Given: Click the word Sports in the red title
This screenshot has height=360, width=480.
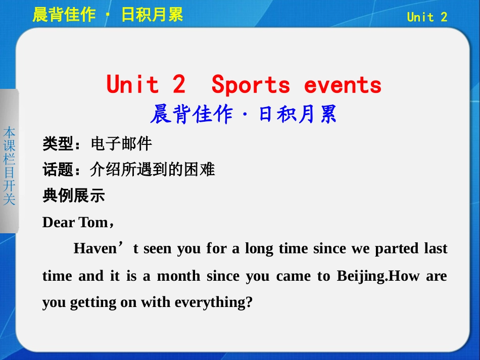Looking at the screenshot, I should point(251,84).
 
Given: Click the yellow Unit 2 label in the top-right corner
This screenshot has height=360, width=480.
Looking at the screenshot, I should point(427,17).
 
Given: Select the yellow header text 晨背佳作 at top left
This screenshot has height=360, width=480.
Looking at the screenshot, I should point(64,15).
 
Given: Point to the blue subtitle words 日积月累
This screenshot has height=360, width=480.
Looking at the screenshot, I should point(298,115).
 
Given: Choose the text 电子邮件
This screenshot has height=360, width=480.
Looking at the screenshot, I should point(121,144).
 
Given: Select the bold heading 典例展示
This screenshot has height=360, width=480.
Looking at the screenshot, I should point(74,195).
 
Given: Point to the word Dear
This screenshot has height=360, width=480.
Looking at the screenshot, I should point(59,223).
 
